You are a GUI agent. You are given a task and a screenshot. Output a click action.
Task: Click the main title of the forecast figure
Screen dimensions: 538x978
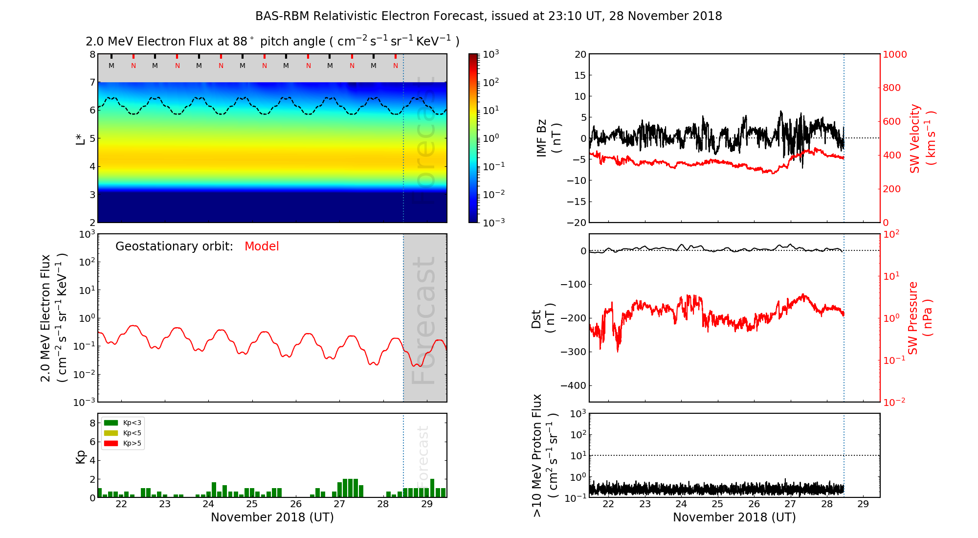[x=489, y=16]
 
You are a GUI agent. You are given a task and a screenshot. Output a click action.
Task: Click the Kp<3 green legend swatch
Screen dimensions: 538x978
[x=111, y=423]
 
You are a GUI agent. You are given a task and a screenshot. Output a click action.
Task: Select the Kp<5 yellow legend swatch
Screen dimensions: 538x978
[x=111, y=433]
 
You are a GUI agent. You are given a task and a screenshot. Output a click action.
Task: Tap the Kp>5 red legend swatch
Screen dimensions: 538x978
[x=111, y=444]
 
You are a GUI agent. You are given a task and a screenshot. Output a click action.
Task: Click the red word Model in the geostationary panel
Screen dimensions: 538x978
[x=262, y=247]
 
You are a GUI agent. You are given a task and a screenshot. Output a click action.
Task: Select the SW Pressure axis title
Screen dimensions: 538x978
[x=920, y=318]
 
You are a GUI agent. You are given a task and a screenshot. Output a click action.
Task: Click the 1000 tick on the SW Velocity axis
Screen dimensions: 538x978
[x=894, y=54]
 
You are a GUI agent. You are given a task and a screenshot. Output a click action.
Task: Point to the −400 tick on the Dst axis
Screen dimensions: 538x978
[x=573, y=385]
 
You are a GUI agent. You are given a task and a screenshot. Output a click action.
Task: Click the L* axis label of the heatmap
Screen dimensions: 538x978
[x=80, y=138]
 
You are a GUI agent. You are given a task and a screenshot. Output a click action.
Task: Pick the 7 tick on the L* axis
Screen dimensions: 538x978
[x=92, y=82]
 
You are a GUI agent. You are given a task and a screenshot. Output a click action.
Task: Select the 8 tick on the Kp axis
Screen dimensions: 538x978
[x=92, y=423]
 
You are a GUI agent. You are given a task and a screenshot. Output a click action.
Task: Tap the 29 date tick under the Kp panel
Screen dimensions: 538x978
[x=426, y=504]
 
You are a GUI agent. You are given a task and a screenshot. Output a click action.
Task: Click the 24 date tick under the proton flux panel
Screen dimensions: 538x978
[x=681, y=504]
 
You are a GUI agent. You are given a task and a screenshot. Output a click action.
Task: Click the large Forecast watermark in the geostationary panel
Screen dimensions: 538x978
[x=423, y=320]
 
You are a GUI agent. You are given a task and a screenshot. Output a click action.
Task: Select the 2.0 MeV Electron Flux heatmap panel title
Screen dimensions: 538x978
[x=272, y=42]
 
